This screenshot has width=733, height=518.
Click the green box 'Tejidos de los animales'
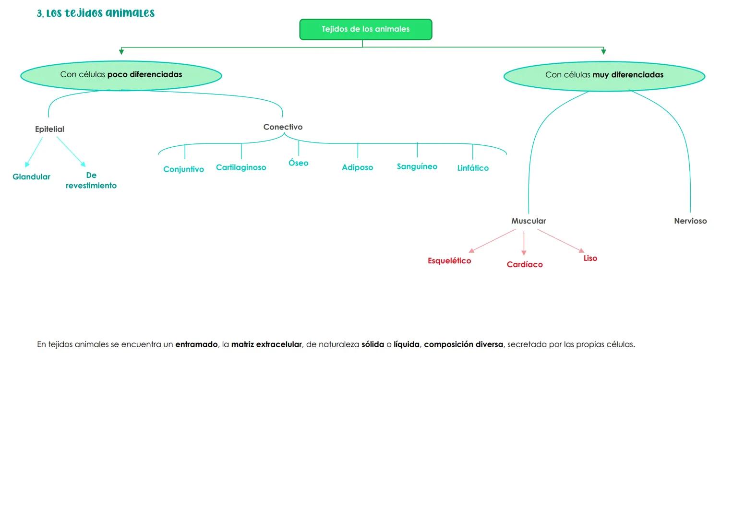click(x=366, y=29)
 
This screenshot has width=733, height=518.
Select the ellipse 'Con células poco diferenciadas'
click(x=121, y=75)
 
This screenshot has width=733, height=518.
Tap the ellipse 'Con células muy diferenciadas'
click(x=604, y=75)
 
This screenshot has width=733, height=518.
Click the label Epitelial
click(x=49, y=129)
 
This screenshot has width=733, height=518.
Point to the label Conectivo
click(x=283, y=127)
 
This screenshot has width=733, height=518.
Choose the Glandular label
click(x=31, y=177)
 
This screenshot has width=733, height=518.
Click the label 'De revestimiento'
click(x=91, y=181)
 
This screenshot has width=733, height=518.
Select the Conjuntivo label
click(x=183, y=169)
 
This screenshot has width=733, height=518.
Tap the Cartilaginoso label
click(x=241, y=167)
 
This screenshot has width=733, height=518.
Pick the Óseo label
click(x=298, y=163)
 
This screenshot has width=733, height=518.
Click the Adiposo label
click(x=357, y=167)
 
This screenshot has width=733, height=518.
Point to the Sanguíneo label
click(x=417, y=166)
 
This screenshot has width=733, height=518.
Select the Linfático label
click(x=473, y=168)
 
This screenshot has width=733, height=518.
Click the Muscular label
click(x=529, y=221)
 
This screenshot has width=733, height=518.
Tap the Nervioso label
click(x=690, y=221)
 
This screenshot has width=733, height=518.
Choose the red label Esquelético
click(x=449, y=261)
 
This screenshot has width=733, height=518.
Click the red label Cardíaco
click(x=525, y=265)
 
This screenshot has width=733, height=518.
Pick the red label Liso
click(x=590, y=259)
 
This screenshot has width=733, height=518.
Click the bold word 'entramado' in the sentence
click(x=196, y=344)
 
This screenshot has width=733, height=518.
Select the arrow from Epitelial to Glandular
click(x=34, y=152)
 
